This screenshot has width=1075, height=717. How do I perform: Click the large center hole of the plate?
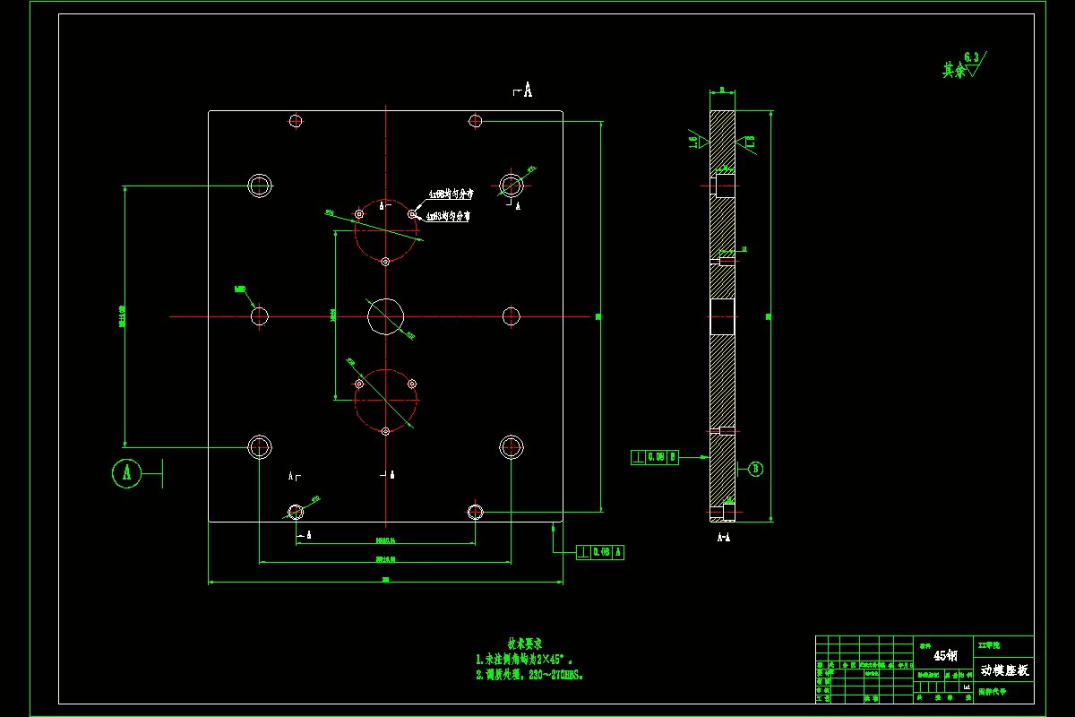(386, 315)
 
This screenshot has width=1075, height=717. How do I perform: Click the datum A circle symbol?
(127, 472)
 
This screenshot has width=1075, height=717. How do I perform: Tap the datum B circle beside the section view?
(755, 468)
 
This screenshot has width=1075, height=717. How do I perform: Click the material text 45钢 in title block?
(946, 656)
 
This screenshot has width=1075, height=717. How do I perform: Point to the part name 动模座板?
(1005, 670)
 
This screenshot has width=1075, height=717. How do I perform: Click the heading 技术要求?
(526, 644)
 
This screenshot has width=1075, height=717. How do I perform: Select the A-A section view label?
(724, 538)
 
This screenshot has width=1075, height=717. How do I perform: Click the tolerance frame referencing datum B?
(655, 457)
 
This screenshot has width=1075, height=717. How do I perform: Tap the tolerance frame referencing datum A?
(600, 552)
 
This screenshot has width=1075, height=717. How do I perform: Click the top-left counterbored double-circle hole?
(260, 186)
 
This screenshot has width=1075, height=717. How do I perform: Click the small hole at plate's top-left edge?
(296, 121)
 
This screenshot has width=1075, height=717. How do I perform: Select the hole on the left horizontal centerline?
(260, 315)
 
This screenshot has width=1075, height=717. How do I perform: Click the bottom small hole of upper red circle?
(385, 261)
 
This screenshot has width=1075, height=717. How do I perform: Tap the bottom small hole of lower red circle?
(385, 431)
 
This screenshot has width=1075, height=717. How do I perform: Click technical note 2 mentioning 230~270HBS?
(530, 675)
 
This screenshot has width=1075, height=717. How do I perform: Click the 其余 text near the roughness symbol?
(954, 70)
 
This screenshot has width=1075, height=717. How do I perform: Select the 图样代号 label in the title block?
(993, 691)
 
